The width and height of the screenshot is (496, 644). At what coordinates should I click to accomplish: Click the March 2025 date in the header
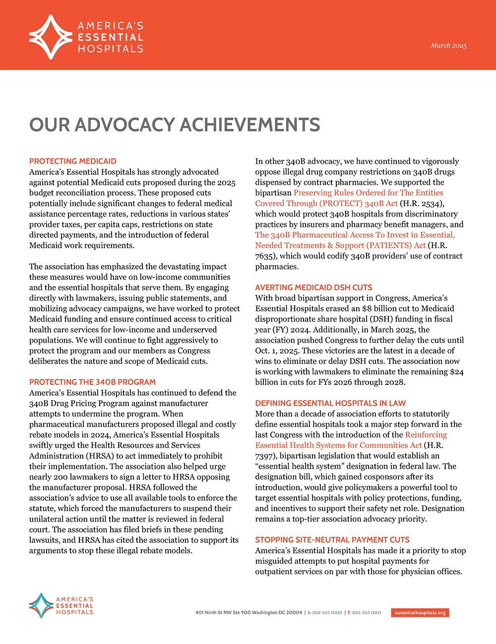tap(448, 46)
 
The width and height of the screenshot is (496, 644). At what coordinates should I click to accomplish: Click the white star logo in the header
tap(51, 37)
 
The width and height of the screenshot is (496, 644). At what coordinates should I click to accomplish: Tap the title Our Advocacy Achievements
tap(175, 125)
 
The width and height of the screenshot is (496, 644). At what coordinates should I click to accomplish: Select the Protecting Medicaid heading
tap(73, 161)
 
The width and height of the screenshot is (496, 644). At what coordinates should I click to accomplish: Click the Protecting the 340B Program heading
tap(92, 382)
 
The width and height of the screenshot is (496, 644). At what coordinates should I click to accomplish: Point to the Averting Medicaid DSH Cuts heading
tap(313, 288)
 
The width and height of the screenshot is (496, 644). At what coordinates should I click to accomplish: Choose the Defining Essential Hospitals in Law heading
tap(330, 403)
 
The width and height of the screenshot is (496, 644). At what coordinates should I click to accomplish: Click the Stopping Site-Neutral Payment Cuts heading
tap(332, 540)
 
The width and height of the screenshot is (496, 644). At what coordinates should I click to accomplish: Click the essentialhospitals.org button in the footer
tap(420, 613)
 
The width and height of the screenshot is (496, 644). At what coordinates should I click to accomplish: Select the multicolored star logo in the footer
tap(41, 605)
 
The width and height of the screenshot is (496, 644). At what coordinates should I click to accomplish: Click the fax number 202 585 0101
tap(367, 613)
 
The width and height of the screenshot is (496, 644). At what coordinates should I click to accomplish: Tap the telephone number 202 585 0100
tap(327, 613)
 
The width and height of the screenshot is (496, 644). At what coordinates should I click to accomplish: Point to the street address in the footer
tap(248, 613)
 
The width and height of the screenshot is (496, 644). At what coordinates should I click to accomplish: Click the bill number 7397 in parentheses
tap(266, 456)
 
